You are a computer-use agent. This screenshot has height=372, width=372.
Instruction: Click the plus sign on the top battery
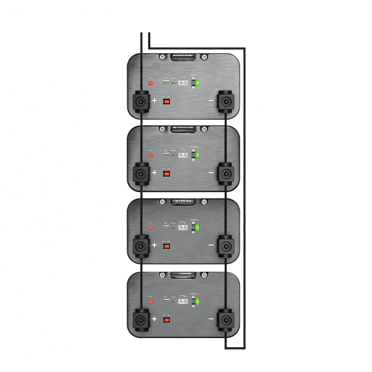(154, 100)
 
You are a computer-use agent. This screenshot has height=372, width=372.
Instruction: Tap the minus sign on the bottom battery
(211, 319)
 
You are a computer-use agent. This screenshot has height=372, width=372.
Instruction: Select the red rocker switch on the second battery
(167, 174)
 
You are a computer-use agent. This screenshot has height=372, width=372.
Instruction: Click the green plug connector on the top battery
(197, 83)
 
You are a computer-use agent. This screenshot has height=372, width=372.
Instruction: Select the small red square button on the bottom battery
(150, 301)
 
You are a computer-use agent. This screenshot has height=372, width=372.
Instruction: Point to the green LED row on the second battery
(165, 155)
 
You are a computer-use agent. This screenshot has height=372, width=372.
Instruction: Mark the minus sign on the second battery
(211, 173)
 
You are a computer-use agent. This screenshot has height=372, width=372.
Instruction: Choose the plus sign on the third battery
(154, 245)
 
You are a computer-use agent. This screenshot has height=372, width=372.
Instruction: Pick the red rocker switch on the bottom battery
(167, 320)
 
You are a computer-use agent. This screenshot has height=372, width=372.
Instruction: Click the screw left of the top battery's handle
(163, 57)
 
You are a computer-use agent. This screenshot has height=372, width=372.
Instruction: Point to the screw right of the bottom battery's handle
(204, 276)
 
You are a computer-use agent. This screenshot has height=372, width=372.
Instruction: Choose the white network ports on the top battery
(183, 83)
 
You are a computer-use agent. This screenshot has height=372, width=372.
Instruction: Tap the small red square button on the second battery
(150, 155)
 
